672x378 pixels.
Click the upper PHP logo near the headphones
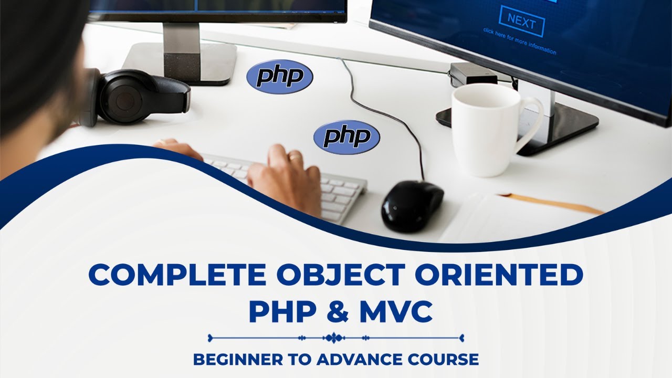[280, 77]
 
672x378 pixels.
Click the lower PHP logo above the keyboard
[346, 137]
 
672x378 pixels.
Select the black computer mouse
[412, 205]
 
